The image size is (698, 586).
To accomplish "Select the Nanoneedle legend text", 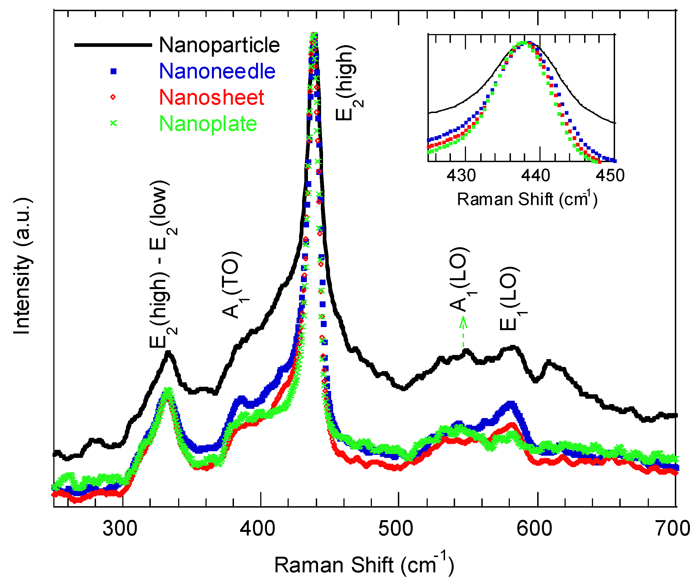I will (217, 71).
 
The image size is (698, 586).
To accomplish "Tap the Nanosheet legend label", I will (211, 97).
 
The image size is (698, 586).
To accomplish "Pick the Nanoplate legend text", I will (208, 124).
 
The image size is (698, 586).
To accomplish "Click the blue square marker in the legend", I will (113, 71).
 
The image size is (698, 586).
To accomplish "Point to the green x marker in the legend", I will (113, 123).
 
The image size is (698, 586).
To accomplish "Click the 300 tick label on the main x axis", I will (120, 528).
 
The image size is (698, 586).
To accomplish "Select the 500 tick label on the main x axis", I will (396, 528).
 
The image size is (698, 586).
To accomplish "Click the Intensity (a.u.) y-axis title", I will (23, 266).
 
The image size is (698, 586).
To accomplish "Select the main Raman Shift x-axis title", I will (364, 565).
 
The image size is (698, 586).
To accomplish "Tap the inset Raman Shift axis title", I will (527, 199).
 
